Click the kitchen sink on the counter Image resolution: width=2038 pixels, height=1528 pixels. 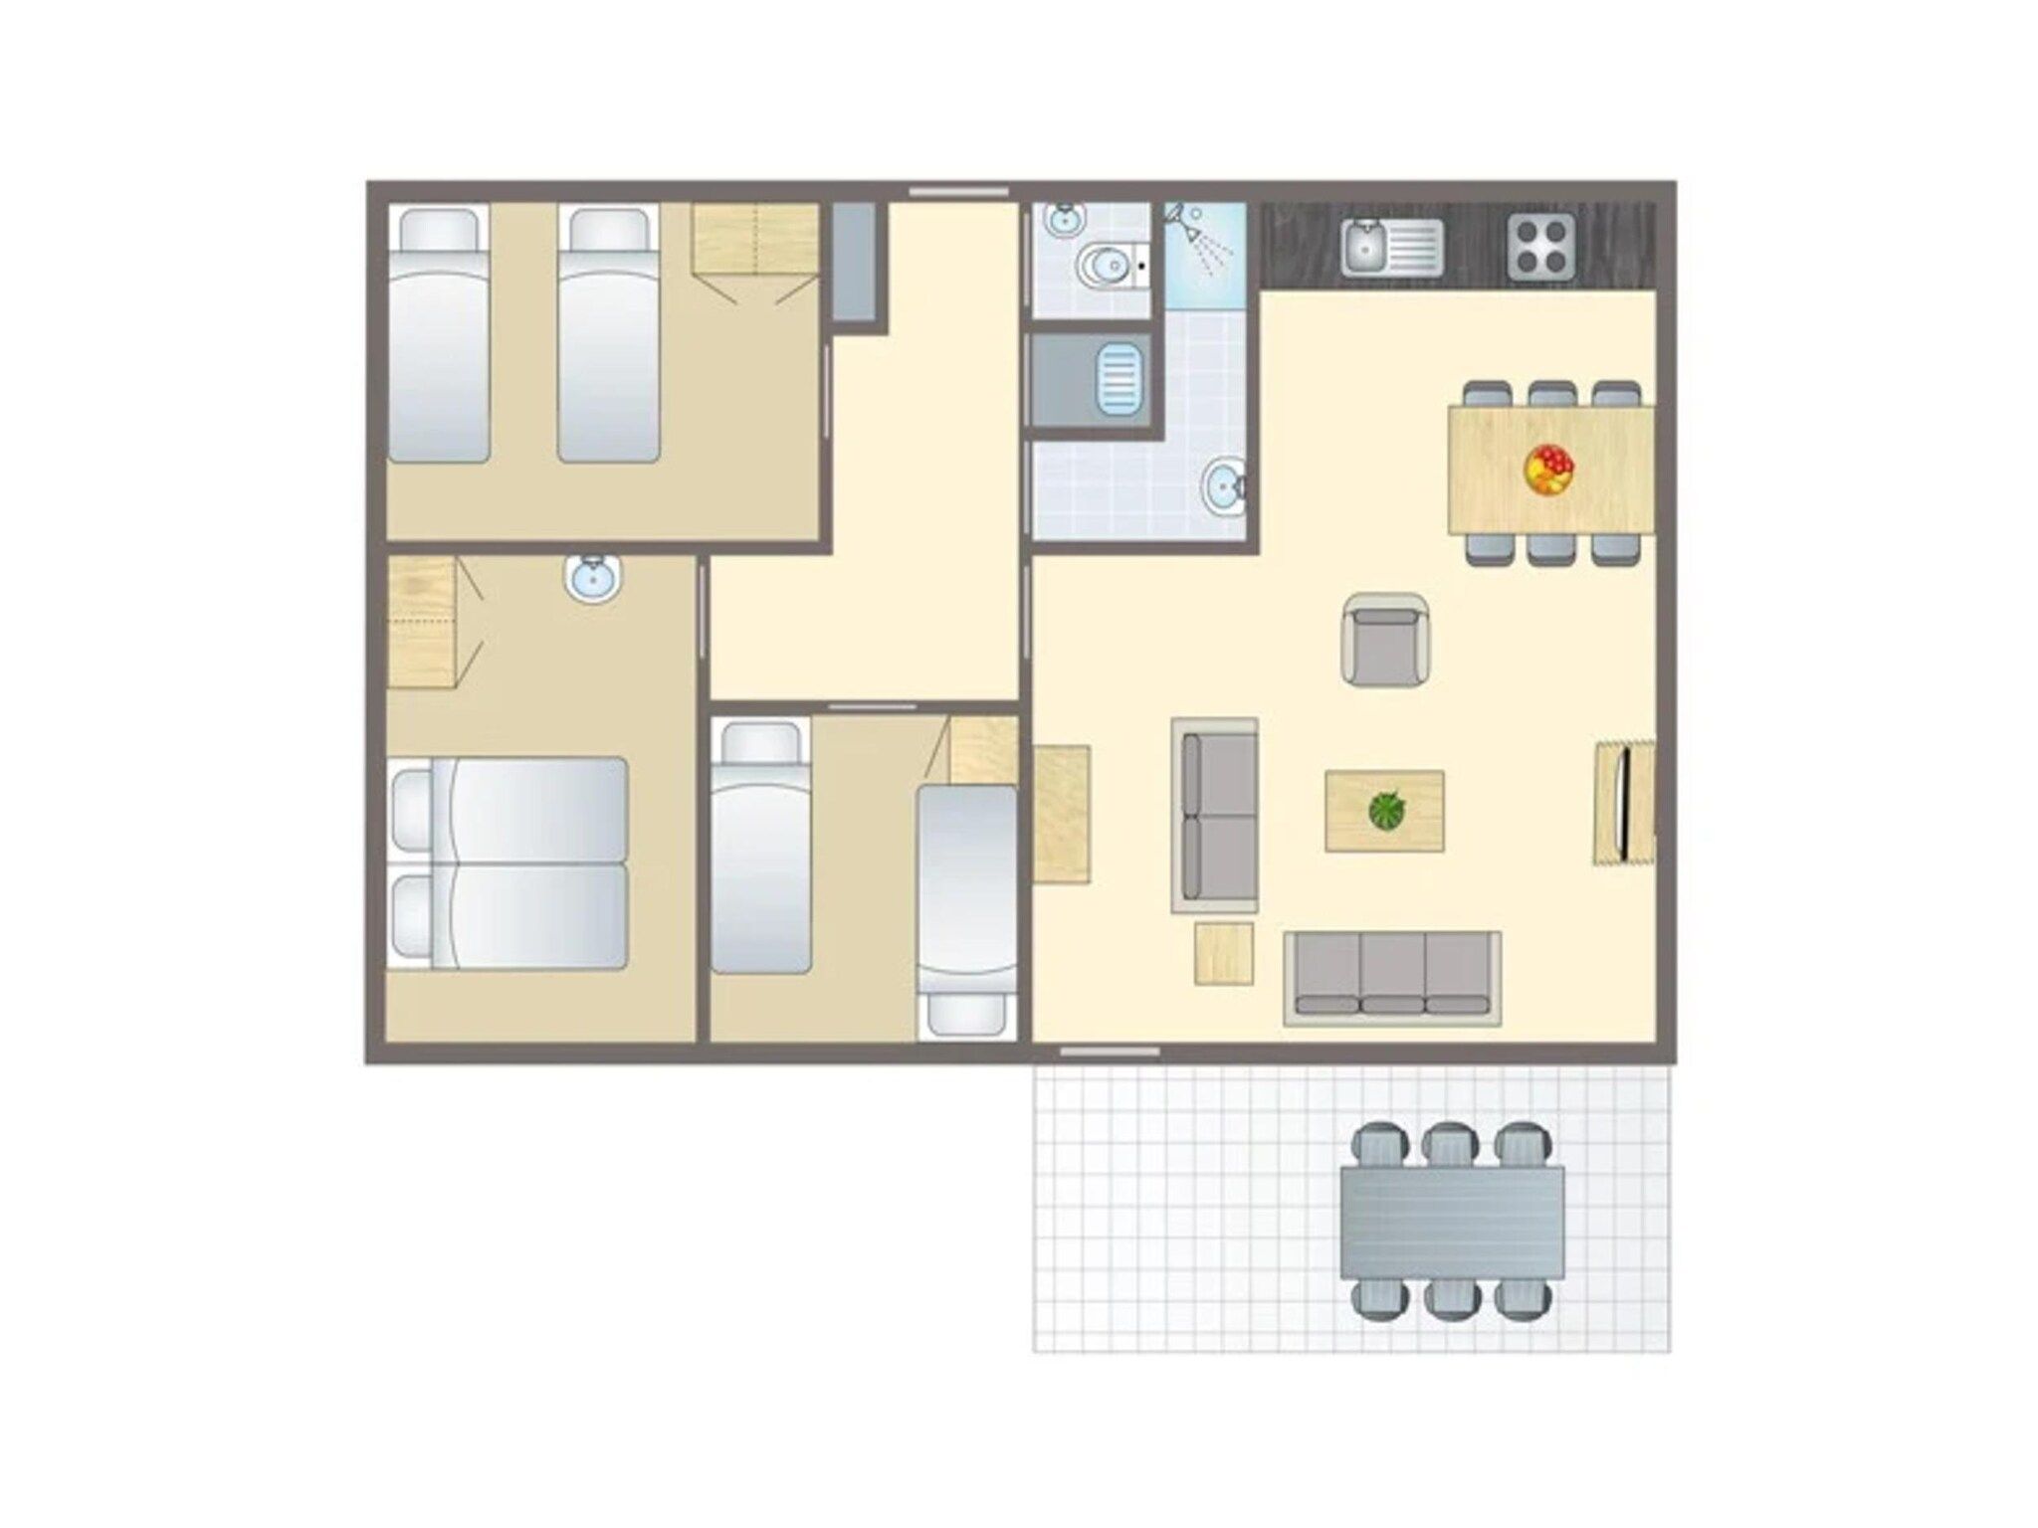pos(1390,247)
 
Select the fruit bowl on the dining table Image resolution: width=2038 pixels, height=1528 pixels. pos(1549,469)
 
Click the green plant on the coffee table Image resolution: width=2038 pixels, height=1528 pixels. pos(1384,810)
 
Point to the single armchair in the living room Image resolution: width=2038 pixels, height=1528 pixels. pos(1386,640)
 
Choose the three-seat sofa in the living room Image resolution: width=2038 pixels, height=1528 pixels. pos(1392,977)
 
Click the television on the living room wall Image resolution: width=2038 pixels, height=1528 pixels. pos(1624,803)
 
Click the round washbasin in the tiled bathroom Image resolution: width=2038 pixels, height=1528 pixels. pos(1222,488)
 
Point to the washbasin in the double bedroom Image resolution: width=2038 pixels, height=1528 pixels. pos(594,578)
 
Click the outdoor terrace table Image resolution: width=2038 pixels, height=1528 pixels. pos(1452,1223)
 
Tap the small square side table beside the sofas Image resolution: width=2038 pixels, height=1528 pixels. pos(1223,953)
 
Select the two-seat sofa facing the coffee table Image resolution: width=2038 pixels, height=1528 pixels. pos(1214,815)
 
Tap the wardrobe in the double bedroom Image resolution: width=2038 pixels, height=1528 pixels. pos(421,622)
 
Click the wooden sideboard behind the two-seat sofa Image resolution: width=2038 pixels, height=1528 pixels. pos(1061,814)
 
